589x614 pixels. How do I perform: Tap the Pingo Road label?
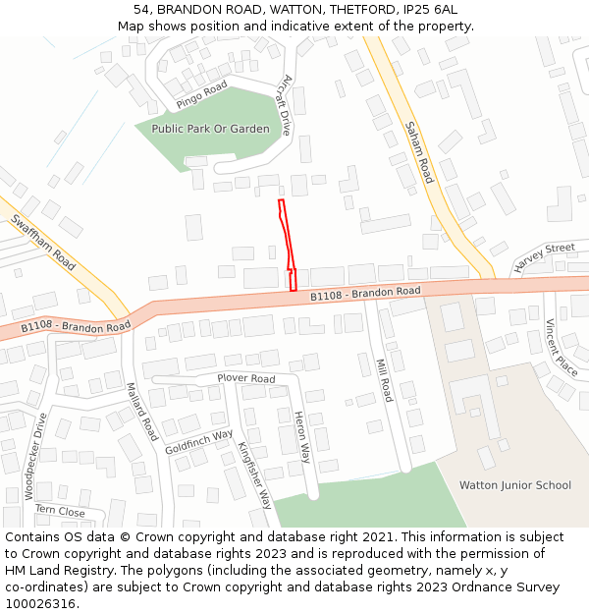tap(202, 94)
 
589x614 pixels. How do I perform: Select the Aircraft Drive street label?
tap(286, 105)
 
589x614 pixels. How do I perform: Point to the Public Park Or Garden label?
tap(210, 129)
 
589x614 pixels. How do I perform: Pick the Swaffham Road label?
tap(43, 244)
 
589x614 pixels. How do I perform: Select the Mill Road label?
tap(384, 380)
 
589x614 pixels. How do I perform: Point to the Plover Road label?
tap(245, 378)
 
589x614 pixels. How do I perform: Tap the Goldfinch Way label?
tap(199, 441)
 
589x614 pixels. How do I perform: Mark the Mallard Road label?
tap(141, 412)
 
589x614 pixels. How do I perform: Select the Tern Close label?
tap(60, 511)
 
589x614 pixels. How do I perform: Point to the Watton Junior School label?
tap(515, 485)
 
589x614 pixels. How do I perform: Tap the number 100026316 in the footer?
tap(40, 603)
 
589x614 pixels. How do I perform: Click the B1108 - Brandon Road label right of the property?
tap(365, 293)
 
